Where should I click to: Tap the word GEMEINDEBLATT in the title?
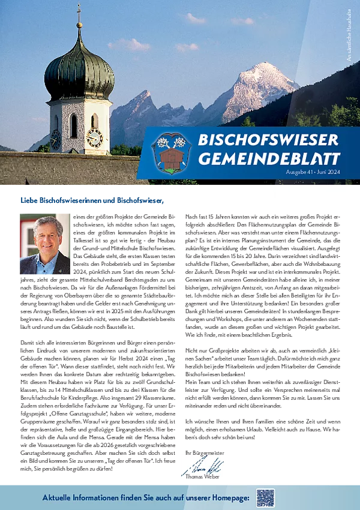(x=268, y=159)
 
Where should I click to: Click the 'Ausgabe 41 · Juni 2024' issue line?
(x=310, y=173)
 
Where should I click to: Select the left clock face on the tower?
(x=55, y=139)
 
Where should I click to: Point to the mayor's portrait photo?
(x=43, y=244)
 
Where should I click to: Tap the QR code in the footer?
(x=265, y=497)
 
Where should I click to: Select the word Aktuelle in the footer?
(x=60, y=498)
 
